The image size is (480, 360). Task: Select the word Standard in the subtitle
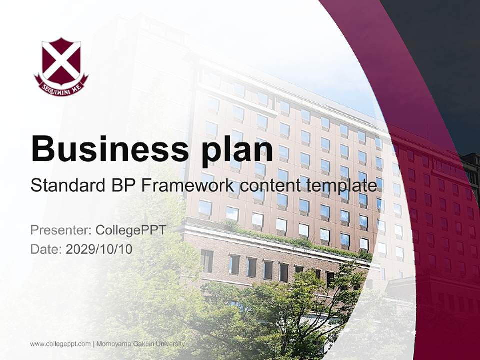[x=66, y=185]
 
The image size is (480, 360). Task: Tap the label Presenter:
[x=60, y=230]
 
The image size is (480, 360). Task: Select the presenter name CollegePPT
[x=130, y=230]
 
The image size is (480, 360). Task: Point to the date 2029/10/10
[x=99, y=249]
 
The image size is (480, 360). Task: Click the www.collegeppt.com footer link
[x=60, y=344]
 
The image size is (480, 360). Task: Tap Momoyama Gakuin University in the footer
[x=141, y=344]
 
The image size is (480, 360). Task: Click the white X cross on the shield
[x=61, y=61]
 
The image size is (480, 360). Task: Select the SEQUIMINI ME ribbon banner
[x=61, y=85]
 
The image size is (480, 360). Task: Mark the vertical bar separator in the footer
[x=94, y=344]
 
